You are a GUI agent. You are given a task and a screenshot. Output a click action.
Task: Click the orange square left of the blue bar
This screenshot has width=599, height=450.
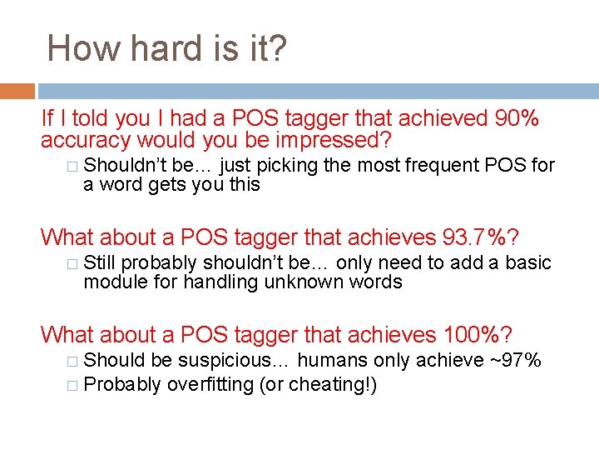pyautogui.click(x=17, y=91)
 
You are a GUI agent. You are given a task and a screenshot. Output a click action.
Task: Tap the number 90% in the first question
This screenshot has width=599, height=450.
pyautogui.click(x=517, y=119)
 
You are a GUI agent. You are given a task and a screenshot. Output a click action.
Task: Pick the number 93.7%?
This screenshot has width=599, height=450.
pyautogui.click(x=482, y=237)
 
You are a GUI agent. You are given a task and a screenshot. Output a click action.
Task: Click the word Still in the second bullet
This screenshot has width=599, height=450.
pyautogui.click(x=100, y=262)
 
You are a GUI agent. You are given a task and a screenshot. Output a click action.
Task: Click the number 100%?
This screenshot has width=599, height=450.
pyautogui.click(x=479, y=335)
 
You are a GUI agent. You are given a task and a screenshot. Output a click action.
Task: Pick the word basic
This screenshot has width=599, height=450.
pyautogui.click(x=528, y=262)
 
